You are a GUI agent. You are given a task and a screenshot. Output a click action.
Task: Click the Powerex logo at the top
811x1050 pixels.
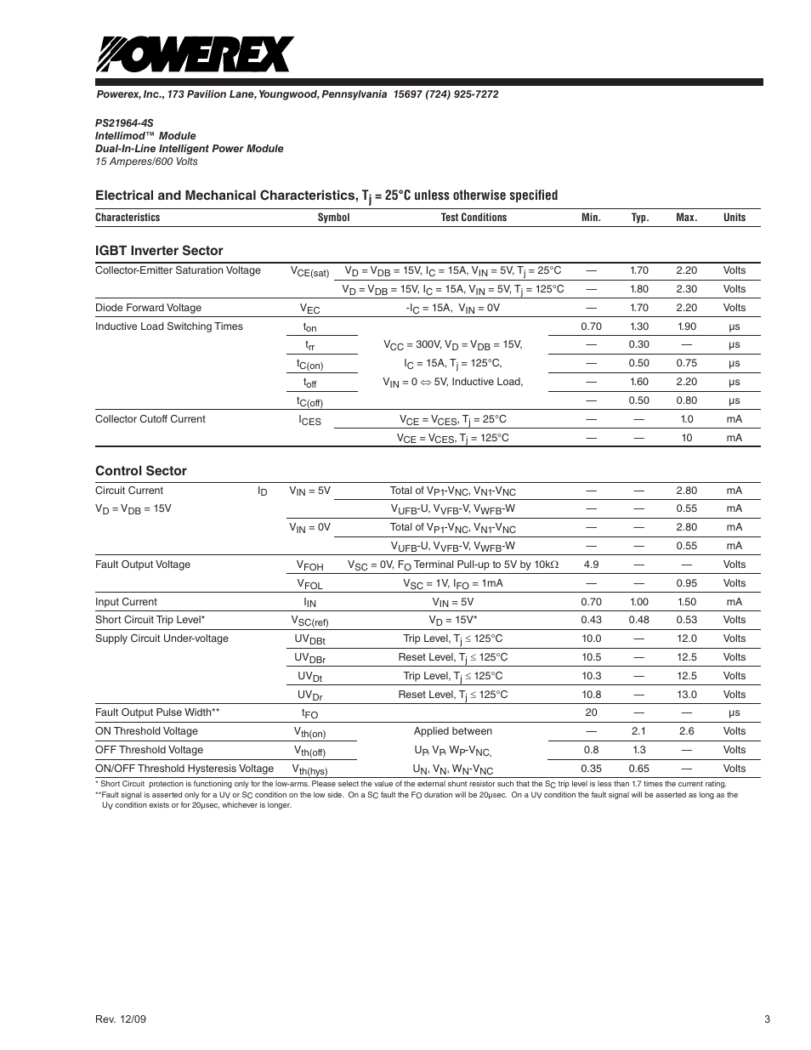pos(196,55)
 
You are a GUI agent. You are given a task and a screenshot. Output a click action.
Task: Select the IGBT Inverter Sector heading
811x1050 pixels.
pos(159,251)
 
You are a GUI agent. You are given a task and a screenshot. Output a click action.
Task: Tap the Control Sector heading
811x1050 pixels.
pos(141,471)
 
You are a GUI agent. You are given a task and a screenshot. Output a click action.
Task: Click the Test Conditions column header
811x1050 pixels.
pos(474,218)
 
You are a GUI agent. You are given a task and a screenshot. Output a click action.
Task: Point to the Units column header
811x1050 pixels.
pos(734,218)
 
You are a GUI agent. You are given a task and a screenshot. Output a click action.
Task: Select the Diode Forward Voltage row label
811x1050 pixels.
pos(148,308)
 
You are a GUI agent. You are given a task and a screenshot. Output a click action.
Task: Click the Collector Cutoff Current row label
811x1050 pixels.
pos(150,419)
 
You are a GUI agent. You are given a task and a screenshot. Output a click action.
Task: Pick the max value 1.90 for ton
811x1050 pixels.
pos(686,326)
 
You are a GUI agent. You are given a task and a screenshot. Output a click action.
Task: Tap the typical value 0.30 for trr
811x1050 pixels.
pos(638,345)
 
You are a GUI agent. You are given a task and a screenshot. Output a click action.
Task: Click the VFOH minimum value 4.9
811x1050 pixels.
pos(591,565)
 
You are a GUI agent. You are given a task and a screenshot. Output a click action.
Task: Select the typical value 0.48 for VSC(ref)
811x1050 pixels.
pos(638,620)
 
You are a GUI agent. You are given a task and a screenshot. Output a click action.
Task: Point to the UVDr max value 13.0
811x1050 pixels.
pos(686,695)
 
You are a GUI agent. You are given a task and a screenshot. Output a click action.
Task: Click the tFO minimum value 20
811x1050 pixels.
pos(591,713)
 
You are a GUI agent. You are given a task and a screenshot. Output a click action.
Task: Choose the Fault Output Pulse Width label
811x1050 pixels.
pos(157,712)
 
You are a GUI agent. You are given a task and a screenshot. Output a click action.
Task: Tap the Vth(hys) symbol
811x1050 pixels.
pos(309,769)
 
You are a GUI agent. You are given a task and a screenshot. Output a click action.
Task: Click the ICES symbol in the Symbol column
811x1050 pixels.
pos(309,420)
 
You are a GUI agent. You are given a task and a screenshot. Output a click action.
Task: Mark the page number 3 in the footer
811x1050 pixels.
pos(767,1020)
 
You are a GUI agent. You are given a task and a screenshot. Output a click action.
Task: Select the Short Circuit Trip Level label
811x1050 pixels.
pos(150,620)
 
